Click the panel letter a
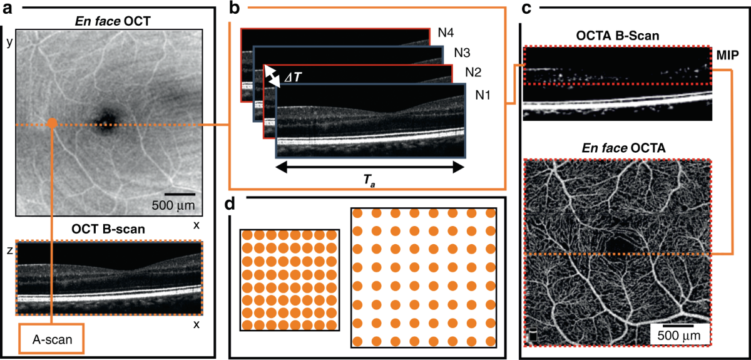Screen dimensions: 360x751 tap(10, 8)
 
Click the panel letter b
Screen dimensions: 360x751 tap(234, 8)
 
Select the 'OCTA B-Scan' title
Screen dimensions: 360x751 tap(618, 36)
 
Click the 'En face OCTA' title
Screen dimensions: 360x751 tap(617, 148)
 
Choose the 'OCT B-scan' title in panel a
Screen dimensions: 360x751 tap(108, 229)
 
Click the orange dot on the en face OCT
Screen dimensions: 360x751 tap(52, 124)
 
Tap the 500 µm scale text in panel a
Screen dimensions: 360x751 tap(174, 205)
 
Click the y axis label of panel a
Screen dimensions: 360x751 tap(9, 42)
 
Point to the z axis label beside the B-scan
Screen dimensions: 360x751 tap(8, 249)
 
